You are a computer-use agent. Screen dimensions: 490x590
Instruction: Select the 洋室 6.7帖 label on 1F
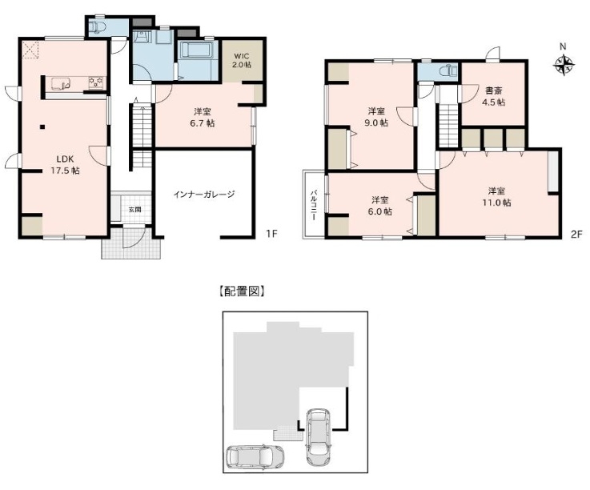click(203, 118)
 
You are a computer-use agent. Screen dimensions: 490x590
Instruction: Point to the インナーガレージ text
click(205, 194)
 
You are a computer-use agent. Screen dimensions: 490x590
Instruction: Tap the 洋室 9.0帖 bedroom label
click(378, 116)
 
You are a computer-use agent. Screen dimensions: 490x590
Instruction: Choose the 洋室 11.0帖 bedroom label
click(498, 196)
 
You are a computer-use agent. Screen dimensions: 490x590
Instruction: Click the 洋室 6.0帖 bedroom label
click(381, 206)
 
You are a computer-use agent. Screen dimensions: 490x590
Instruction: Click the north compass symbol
click(564, 66)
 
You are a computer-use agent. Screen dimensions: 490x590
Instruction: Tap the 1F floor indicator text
click(271, 235)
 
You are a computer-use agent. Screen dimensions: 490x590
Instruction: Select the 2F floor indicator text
click(576, 235)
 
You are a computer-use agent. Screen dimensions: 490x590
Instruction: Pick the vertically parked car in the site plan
click(317, 436)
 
